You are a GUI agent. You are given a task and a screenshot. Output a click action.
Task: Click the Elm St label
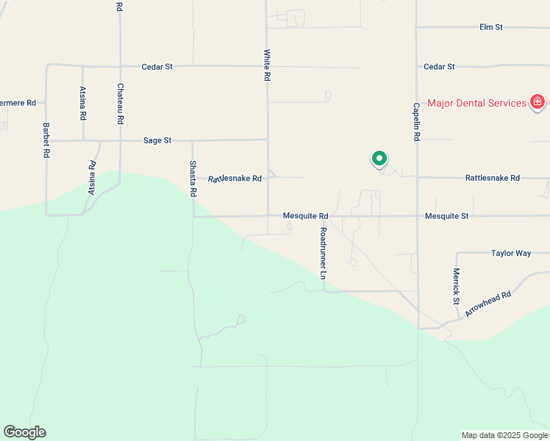(x=490, y=27)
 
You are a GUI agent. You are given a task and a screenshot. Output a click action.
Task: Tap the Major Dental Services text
(x=476, y=103)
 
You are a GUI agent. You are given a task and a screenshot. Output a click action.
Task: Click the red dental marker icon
(x=537, y=102)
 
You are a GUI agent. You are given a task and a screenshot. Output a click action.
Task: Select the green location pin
(x=379, y=159)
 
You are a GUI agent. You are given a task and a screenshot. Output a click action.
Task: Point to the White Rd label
(x=267, y=65)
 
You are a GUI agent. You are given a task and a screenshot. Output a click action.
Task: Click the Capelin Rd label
(x=416, y=121)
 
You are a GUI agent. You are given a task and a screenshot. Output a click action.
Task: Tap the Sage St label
(x=157, y=140)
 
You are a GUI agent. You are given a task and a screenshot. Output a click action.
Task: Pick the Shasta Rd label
(x=193, y=178)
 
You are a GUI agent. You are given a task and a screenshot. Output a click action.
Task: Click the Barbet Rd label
(x=46, y=140)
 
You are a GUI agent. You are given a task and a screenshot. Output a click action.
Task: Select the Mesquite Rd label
(x=305, y=216)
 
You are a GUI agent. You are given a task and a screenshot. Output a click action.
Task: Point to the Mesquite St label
(x=446, y=216)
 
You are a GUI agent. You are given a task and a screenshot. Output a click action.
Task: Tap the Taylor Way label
(x=510, y=253)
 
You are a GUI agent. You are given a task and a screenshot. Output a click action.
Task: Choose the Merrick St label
(x=456, y=286)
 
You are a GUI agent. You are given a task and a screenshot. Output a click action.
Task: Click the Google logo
(x=24, y=432)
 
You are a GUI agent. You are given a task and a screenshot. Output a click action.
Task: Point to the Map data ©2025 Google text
(x=504, y=435)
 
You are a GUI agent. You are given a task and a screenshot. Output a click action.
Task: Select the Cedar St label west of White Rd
(x=157, y=66)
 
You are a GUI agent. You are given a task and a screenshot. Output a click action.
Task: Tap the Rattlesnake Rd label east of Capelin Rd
(x=492, y=178)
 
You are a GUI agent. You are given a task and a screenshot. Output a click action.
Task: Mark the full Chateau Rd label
(x=120, y=103)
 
